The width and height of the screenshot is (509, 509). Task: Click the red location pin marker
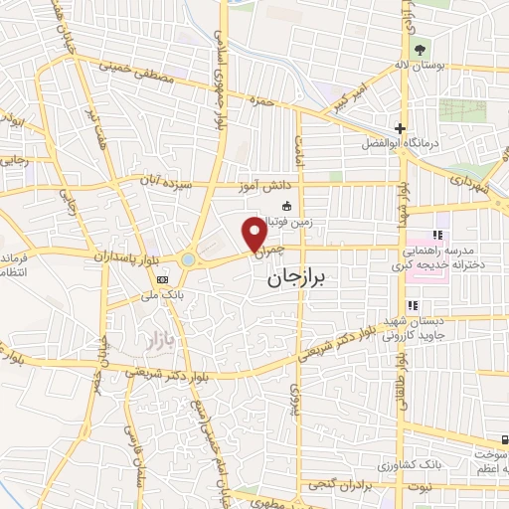[x=254, y=233]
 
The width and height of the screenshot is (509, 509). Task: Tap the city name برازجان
[x=301, y=281]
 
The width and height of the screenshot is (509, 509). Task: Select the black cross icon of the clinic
[x=400, y=128]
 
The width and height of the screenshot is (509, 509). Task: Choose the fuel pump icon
[x=505, y=440]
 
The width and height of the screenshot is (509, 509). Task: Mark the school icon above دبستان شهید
[x=411, y=306]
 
